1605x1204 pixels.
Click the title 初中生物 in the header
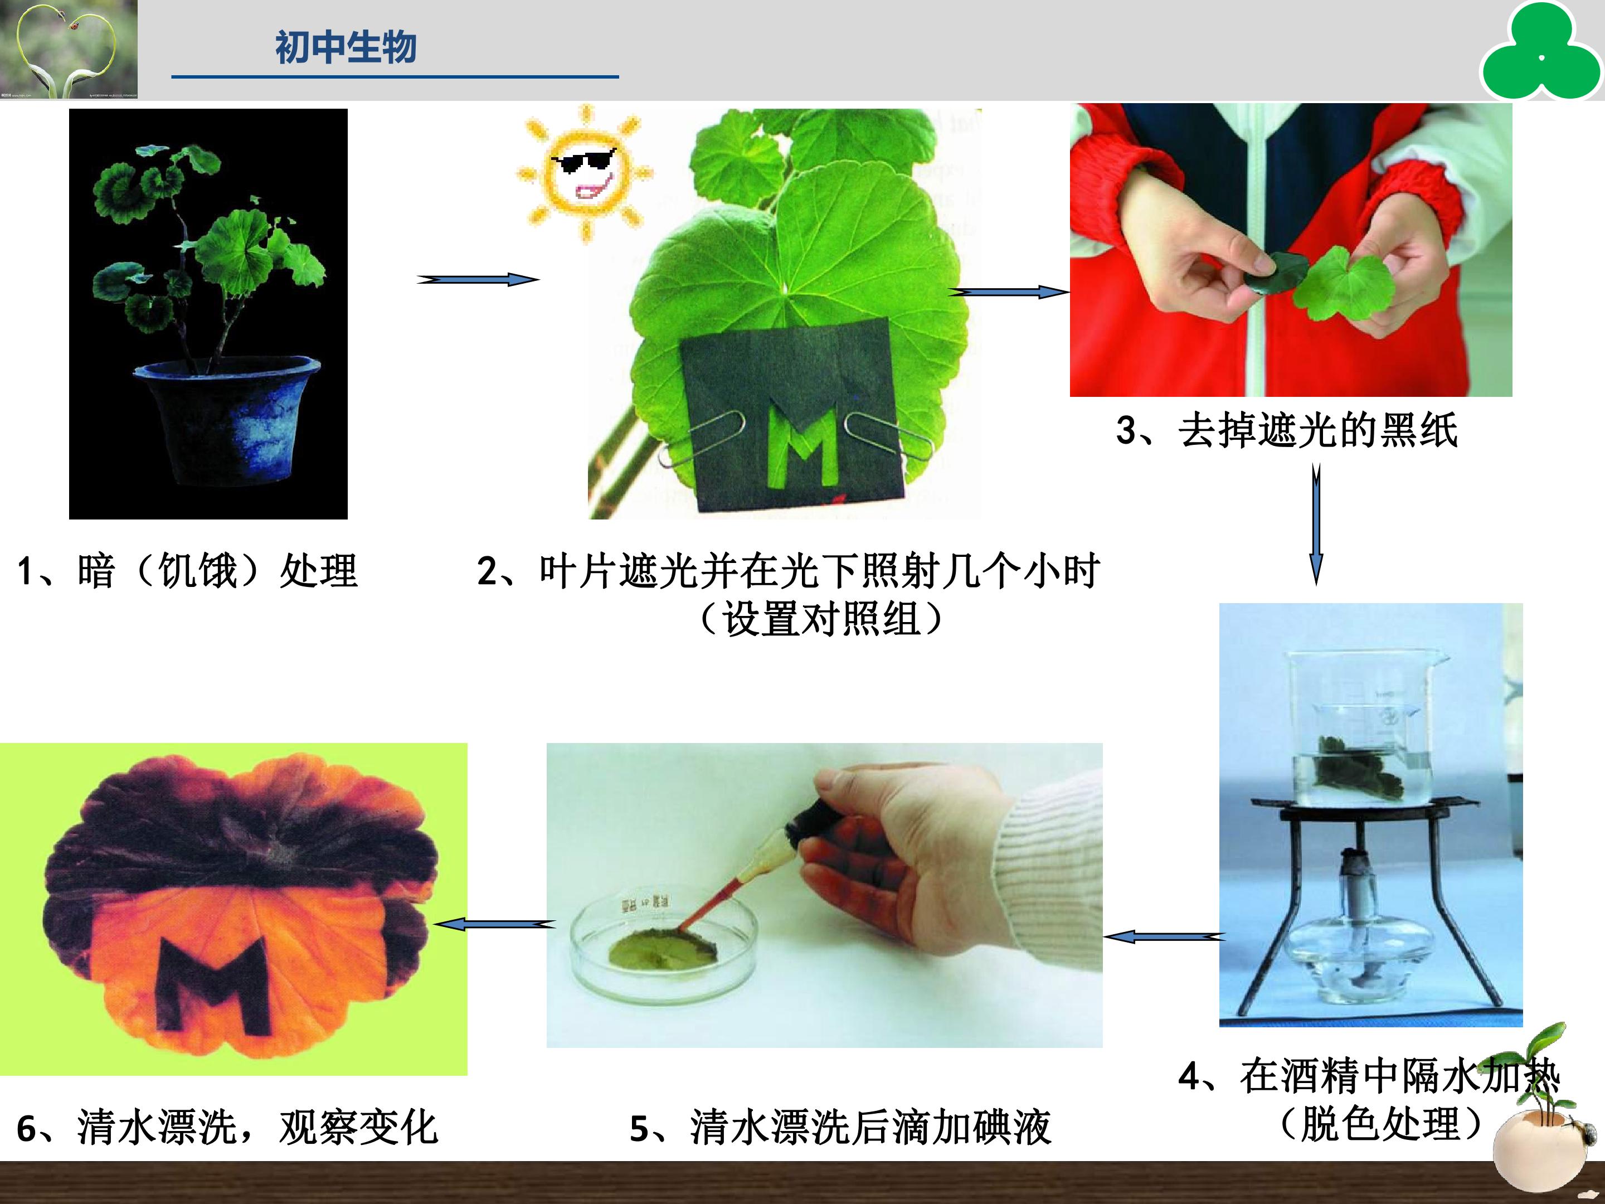(346, 47)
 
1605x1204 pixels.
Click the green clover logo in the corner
(1540, 51)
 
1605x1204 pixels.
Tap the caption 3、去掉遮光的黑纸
(1286, 430)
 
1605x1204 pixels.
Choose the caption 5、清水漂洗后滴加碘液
(840, 1128)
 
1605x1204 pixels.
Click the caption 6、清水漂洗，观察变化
(227, 1128)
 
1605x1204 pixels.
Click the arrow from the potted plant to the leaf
(478, 279)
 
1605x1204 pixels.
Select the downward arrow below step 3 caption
(1316, 524)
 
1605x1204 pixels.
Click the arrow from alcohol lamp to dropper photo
(1164, 937)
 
